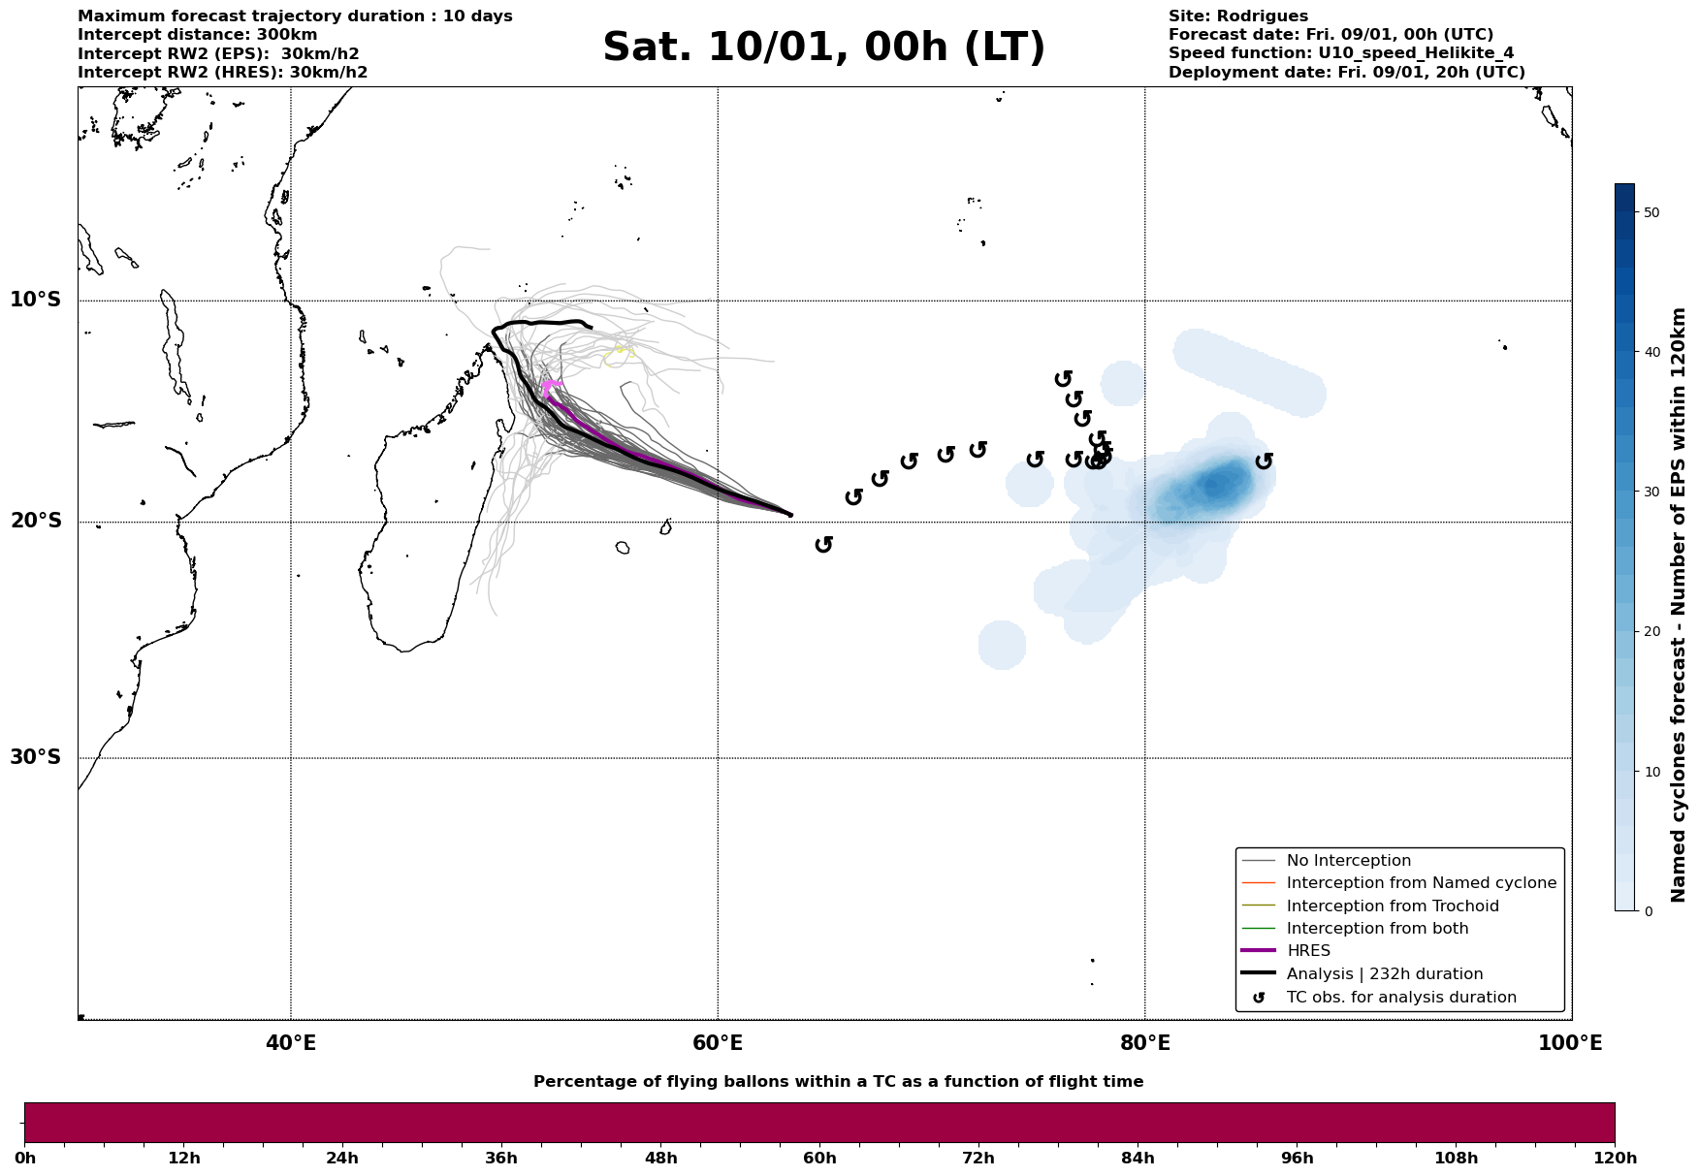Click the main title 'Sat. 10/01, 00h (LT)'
point(823,48)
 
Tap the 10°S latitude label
point(36,300)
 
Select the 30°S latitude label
point(36,757)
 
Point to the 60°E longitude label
point(718,1043)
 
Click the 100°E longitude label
point(1570,1043)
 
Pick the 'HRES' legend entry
point(1308,951)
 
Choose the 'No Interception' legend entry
point(1348,861)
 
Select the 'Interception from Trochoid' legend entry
point(1392,906)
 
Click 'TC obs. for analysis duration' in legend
point(1400,998)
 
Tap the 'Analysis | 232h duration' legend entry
point(1384,974)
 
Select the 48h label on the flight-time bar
point(660,1159)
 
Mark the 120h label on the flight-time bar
point(1615,1159)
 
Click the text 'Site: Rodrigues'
point(1237,16)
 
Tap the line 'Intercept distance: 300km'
point(197,35)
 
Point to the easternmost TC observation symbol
point(1264,461)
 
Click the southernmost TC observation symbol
point(824,545)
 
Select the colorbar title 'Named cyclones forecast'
point(1680,605)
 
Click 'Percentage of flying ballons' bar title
point(838,1082)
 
